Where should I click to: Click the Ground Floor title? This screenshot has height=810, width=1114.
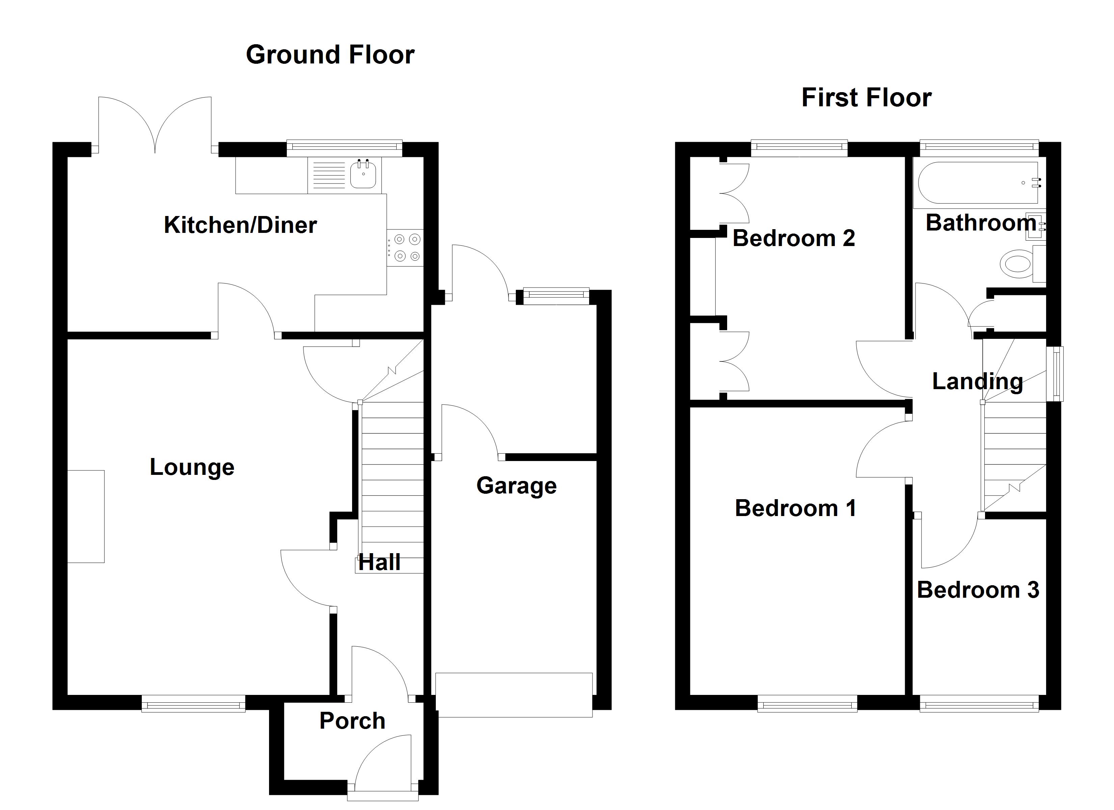[x=330, y=55]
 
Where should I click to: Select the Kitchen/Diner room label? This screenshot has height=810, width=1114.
[x=240, y=225]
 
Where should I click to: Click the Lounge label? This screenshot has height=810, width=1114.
[x=192, y=467]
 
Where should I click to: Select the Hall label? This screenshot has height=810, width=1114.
[x=379, y=562]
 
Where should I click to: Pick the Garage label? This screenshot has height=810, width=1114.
[x=516, y=486]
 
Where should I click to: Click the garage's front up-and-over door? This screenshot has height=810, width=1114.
[x=514, y=695]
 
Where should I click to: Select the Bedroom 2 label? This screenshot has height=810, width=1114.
[x=794, y=238]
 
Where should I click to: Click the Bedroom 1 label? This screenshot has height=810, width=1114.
[x=795, y=508]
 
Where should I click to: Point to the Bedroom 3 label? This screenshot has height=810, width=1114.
[x=978, y=590]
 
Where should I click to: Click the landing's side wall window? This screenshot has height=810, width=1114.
[x=1055, y=374]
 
